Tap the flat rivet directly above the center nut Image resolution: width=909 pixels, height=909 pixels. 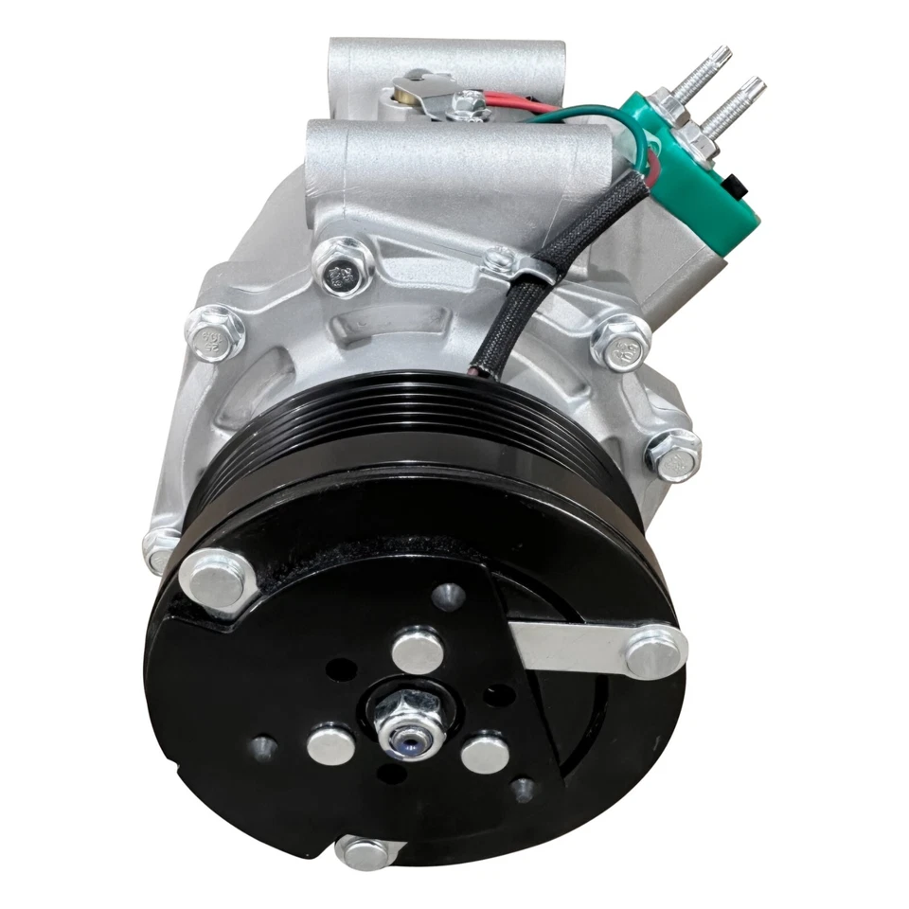[418, 652]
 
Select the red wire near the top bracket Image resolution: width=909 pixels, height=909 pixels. [516, 98]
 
